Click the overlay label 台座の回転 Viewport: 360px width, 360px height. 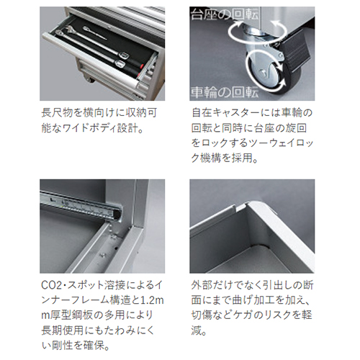click(225, 14)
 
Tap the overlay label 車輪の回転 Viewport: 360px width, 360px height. click(225, 92)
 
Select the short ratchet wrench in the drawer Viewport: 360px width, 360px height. click(95, 33)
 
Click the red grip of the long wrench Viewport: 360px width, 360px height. click(140, 65)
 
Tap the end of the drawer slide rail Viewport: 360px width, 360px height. click(117, 214)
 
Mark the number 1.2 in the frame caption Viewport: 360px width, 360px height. click(149, 300)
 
